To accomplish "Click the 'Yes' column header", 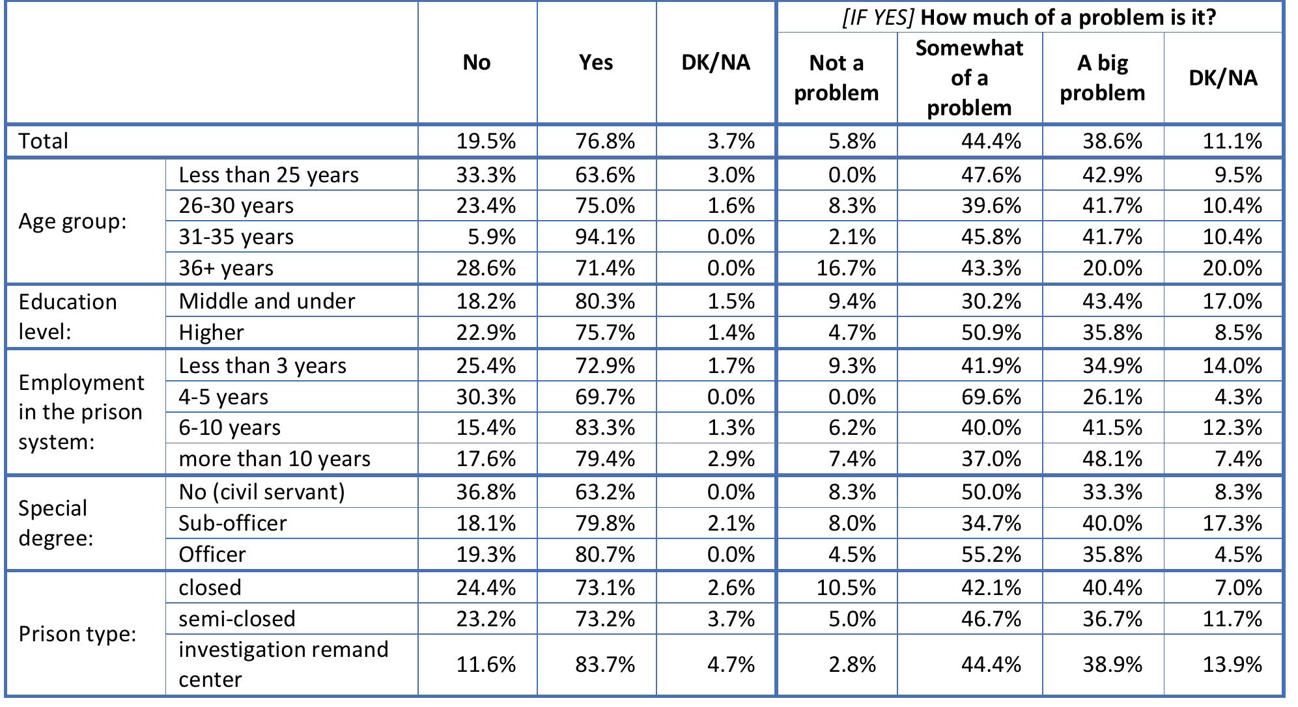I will (596, 62).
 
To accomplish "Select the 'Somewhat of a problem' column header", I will (969, 77).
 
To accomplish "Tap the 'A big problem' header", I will (1102, 77).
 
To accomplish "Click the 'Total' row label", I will (44, 141).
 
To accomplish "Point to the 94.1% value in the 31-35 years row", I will (604, 236).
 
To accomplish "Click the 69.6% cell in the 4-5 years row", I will (991, 396).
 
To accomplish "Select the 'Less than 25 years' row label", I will (268, 174).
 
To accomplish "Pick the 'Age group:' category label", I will (72, 221).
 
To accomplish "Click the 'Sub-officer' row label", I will (233, 523).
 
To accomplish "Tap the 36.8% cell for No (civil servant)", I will (485, 492).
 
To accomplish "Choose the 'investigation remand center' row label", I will (283, 664).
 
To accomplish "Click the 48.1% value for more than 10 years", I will (1112, 458).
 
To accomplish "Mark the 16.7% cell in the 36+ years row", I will (846, 268).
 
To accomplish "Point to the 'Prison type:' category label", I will (78, 633).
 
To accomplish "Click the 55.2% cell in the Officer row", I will (991, 554).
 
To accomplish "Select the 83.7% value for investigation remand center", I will (604, 664).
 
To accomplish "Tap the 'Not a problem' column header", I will (836, 77).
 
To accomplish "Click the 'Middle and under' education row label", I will (266, 301).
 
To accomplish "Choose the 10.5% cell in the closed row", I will (846, 587).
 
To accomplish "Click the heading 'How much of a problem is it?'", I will (1029, 17).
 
